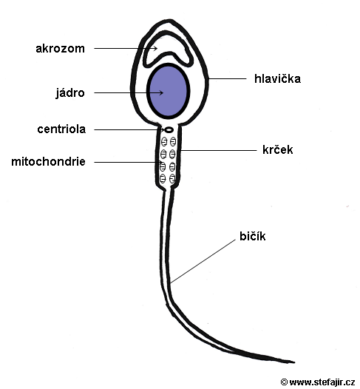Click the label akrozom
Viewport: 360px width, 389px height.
tap(61, 49)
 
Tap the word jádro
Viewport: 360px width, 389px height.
tap(70, 93)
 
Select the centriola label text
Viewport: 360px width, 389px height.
tap(61, 129)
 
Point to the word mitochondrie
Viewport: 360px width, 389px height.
tap(49, 162)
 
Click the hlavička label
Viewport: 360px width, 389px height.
tap(278, 78)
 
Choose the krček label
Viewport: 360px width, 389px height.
tap(278, 150)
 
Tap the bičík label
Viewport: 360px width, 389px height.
tap(253, 236)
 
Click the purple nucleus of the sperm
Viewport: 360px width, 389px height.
tap(168, 90)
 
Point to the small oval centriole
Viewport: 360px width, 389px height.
tap(169, 129)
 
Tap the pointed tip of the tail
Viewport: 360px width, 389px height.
tap(294, 362)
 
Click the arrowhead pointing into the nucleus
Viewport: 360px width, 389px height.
tap(161, 93)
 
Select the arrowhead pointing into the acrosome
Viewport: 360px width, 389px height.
tap(155, 48)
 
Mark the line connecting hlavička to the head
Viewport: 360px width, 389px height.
tap(228, 79)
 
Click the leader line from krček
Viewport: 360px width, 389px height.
tap(219, 150)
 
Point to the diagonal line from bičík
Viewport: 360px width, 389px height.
tap(203, 262)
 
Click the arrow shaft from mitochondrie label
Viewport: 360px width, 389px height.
tap(128, 162)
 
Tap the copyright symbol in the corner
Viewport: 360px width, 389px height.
tap(284, 382)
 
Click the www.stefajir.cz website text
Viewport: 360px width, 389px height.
tap(322, 382)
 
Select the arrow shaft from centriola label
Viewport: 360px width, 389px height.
tap(129, 129)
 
